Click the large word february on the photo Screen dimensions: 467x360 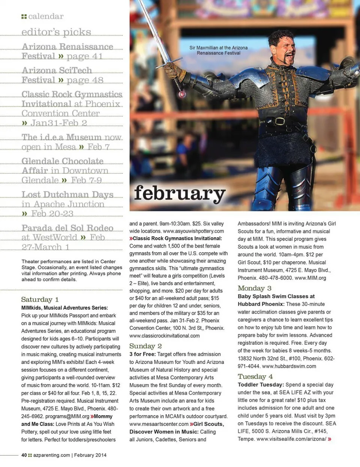tap(180, 193)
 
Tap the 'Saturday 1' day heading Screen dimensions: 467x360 tap(40, 299)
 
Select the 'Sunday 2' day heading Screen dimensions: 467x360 tap(145, 346)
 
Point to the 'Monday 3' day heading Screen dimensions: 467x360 tap(254, 288)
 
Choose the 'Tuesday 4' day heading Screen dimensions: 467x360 tap(255, 376)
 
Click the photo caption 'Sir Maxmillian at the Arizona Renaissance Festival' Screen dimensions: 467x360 tap(218, 50)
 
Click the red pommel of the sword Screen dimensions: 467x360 tap(182, 94)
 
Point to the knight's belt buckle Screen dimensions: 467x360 tap(279, 121)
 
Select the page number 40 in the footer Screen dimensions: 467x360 tap(24, 455)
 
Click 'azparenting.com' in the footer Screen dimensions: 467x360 tap(51, 455)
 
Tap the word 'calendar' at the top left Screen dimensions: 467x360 tap(46, 16)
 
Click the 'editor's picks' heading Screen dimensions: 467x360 tap(56, 32)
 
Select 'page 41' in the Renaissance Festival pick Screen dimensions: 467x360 tap(84, 56)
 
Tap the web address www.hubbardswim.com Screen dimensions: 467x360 tap(289, 366)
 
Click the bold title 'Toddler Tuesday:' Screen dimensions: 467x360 tap(261, 384)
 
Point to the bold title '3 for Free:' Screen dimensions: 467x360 tap(142, 354)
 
